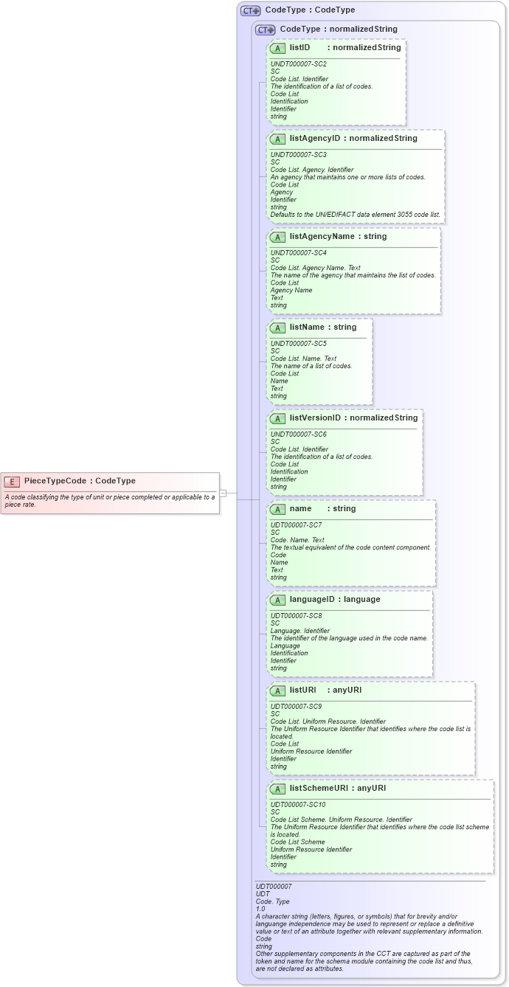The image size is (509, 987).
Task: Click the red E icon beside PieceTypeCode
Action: [12, 482]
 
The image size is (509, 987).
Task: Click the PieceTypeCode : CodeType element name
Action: [80, 481]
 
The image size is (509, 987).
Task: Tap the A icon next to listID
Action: [278, 48]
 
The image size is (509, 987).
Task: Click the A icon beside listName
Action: [278, 328]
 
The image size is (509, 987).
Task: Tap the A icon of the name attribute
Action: [278, 509]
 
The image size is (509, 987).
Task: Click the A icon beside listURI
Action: [278, 691]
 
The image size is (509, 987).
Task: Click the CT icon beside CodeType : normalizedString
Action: [266, 30]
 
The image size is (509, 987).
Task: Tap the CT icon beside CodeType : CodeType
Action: [251, 10]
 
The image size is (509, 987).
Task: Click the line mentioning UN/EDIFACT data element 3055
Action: [356, 215]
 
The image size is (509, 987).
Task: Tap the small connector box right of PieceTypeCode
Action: [223, 493]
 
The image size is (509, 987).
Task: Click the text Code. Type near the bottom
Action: [273, 901]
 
